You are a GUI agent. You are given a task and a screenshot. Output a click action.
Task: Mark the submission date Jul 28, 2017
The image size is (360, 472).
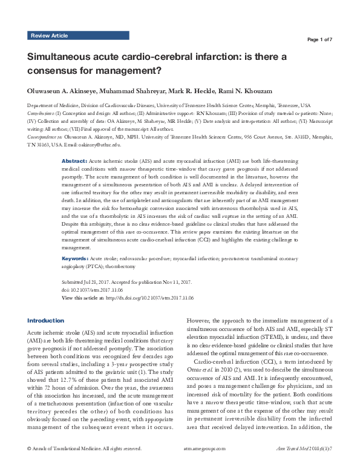pos(96,283)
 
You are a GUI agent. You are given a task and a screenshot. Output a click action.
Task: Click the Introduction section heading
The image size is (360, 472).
pos(46,320)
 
